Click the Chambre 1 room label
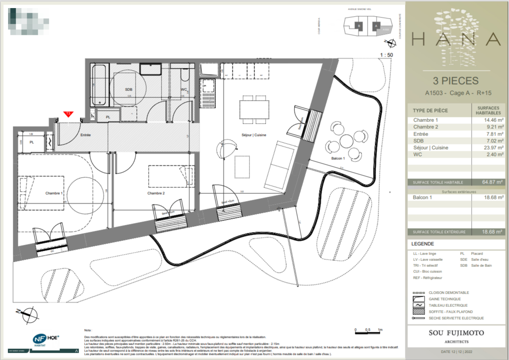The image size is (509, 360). (54, 193)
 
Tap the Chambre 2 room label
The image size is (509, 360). (156, 193)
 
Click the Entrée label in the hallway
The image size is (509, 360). (85, 135)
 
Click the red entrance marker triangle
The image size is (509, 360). (68, 114)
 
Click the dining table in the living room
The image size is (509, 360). (254, 109)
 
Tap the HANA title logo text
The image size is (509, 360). (456, 39)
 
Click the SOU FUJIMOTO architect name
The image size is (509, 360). (457, 333)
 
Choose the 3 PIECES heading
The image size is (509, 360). (455, 81)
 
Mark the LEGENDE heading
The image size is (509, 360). (422, 244)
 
